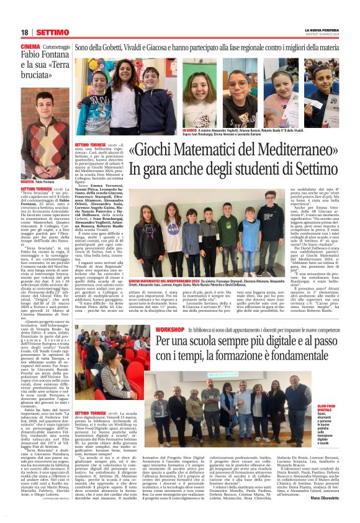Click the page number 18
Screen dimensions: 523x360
click(x=25, y=32)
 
